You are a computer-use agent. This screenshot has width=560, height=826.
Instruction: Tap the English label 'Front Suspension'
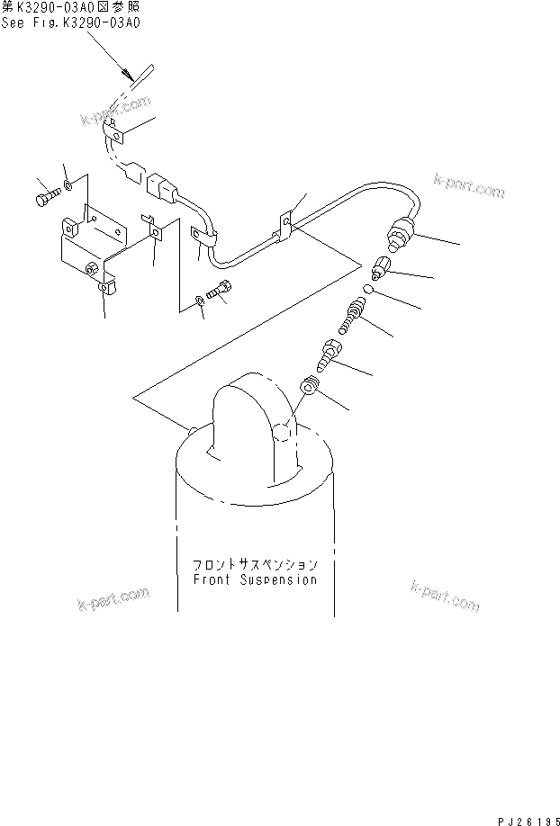255,580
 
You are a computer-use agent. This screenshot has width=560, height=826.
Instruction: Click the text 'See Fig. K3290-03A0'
70,22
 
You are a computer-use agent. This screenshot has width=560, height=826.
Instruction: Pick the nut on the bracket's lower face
90,268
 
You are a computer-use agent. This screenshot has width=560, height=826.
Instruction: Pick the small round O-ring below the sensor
369,291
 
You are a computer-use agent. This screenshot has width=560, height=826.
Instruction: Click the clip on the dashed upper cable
115,137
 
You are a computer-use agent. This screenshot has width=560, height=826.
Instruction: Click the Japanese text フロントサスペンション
255,564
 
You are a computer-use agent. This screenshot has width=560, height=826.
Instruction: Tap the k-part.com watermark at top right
468,186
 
